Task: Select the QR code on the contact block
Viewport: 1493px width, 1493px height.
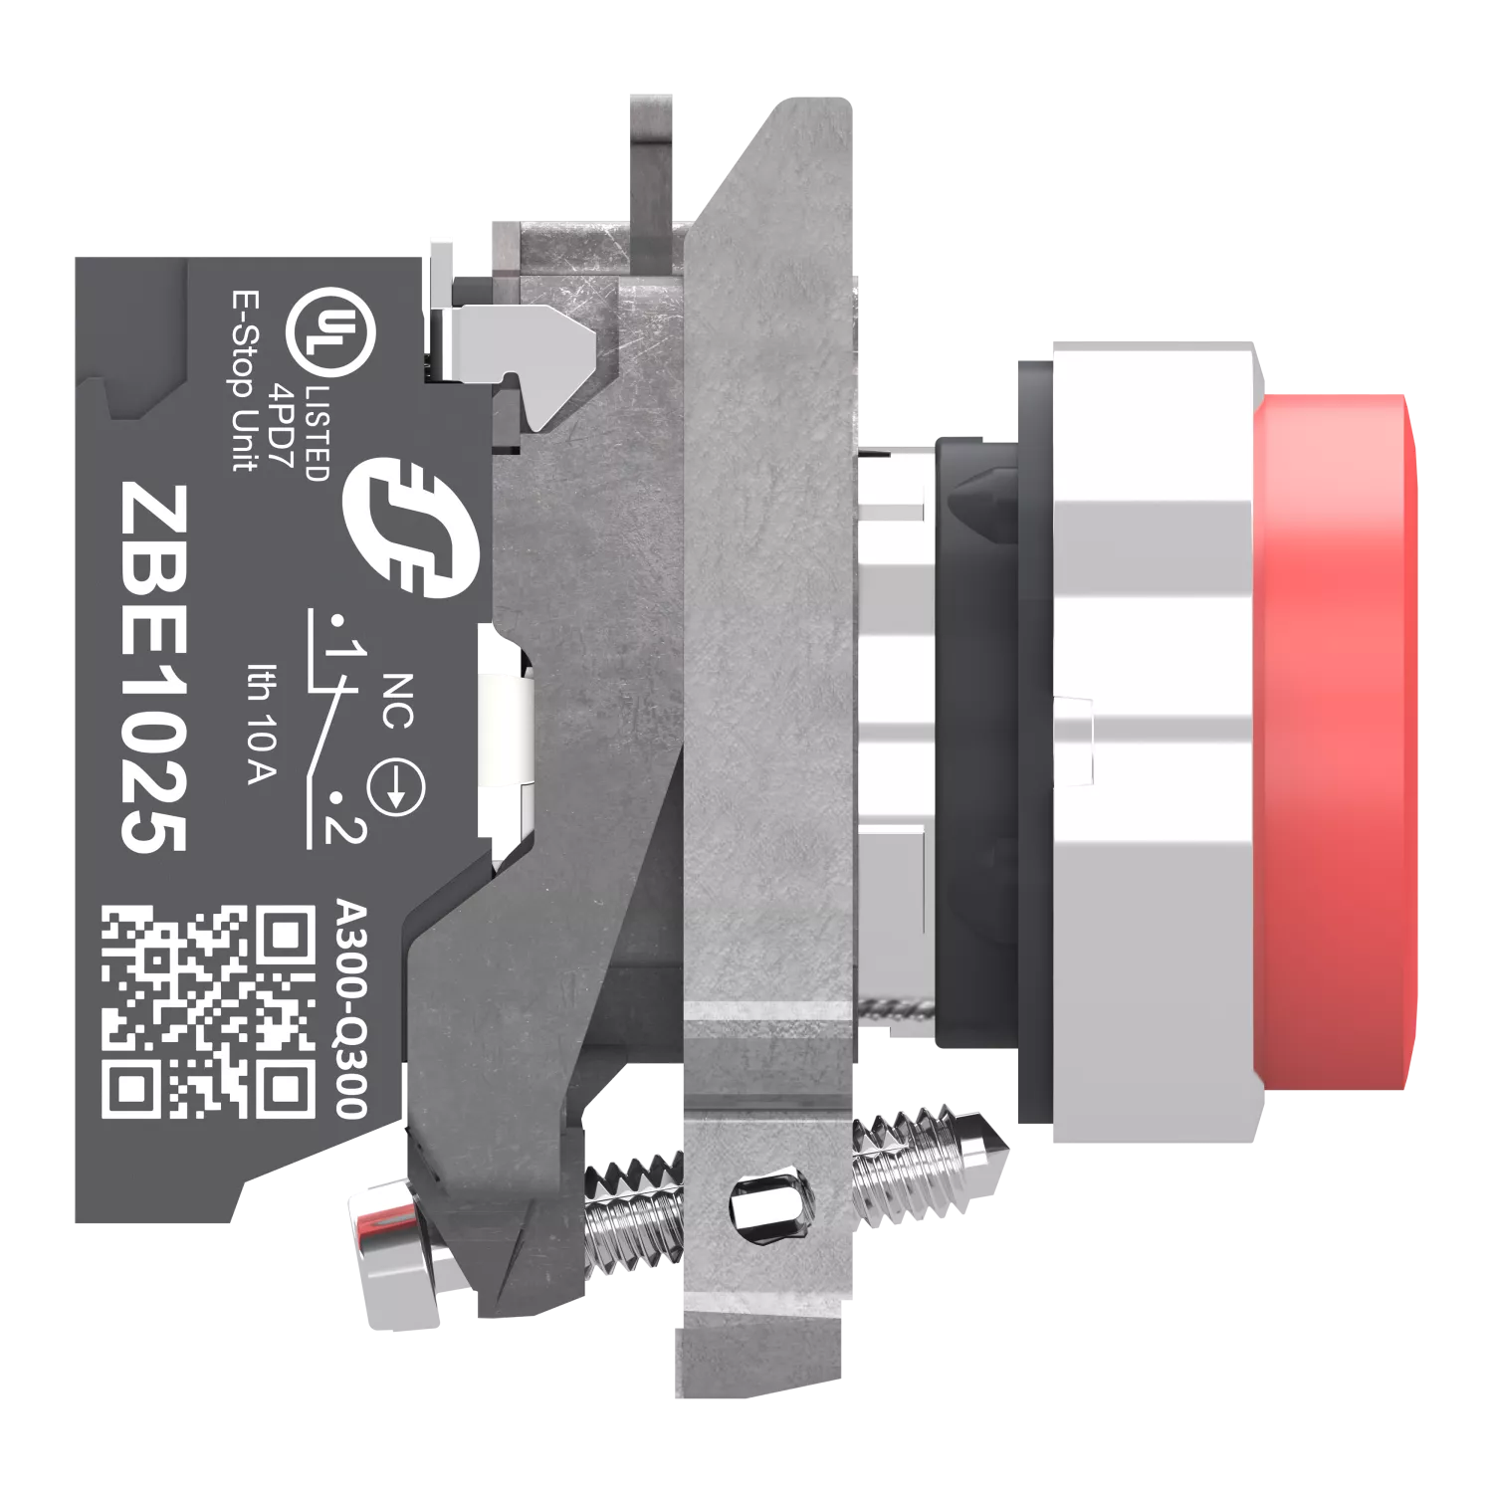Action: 209,1010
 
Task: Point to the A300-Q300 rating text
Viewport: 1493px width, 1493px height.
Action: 351,1010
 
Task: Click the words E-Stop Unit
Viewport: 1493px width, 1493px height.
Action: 244,380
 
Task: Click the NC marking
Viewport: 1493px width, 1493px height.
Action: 397,701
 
